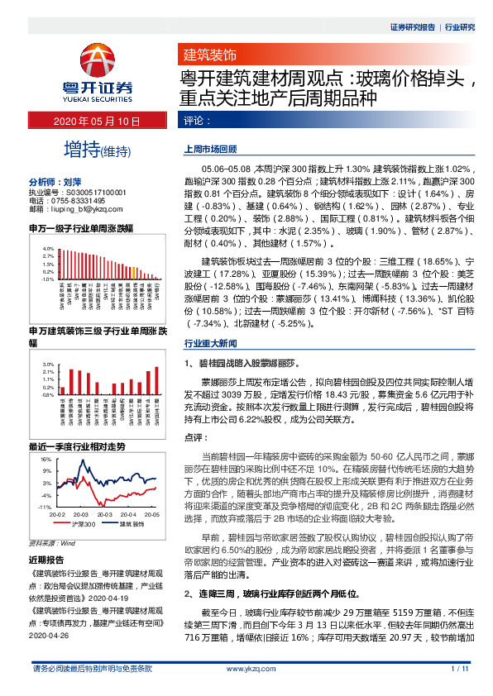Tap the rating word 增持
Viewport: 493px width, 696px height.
[x=81, y=150]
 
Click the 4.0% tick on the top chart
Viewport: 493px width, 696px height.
[x=48, y=248]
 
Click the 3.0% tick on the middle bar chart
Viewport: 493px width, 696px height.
[x=48, y=365]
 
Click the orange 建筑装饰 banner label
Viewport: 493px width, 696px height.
[x=209, y=55]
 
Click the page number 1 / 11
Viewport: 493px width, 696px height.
[x=461, y=690]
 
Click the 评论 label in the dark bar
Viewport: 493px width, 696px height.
[x=196, y=122]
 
